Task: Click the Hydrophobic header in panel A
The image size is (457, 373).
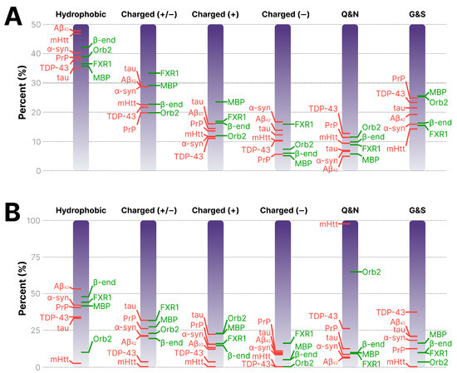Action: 81,15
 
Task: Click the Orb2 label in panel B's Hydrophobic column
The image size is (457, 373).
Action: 102,338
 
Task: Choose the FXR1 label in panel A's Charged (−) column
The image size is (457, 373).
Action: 302,124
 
